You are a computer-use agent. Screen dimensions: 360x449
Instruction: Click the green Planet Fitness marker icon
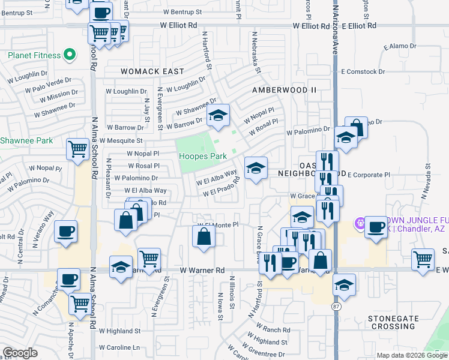point(70,56)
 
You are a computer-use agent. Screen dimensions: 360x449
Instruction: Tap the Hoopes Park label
point(203,156)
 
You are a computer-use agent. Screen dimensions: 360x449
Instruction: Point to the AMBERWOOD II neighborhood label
point(284,89)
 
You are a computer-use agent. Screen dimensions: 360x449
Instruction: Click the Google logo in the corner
point(20,353)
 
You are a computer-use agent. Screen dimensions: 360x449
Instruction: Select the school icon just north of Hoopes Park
point(218,114)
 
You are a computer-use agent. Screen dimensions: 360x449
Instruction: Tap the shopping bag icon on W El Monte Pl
point(203,236)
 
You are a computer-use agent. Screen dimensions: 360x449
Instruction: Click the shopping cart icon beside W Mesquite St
point(77,149)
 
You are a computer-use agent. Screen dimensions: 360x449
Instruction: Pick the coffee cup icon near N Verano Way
point(65,231)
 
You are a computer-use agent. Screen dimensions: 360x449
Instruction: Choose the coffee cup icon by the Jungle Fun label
point(376,227)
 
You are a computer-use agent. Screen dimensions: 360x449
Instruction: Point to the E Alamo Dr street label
point(399,46)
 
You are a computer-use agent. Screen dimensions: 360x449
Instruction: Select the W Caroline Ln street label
point(119,347)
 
